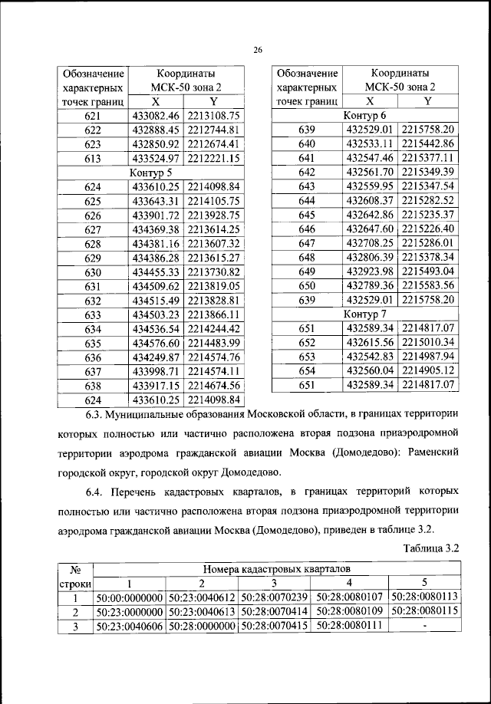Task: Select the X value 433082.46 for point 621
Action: (x=156, y=116)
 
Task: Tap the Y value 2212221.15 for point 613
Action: (x=213, y=158)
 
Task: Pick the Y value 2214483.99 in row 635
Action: (x=213, y=343)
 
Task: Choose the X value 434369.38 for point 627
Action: (x=156, y=229)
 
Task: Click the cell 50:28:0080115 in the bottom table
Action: (x=424, y=613)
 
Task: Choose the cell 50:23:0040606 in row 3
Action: (x=129, y=627)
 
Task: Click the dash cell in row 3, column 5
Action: (x=424, y=627)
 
